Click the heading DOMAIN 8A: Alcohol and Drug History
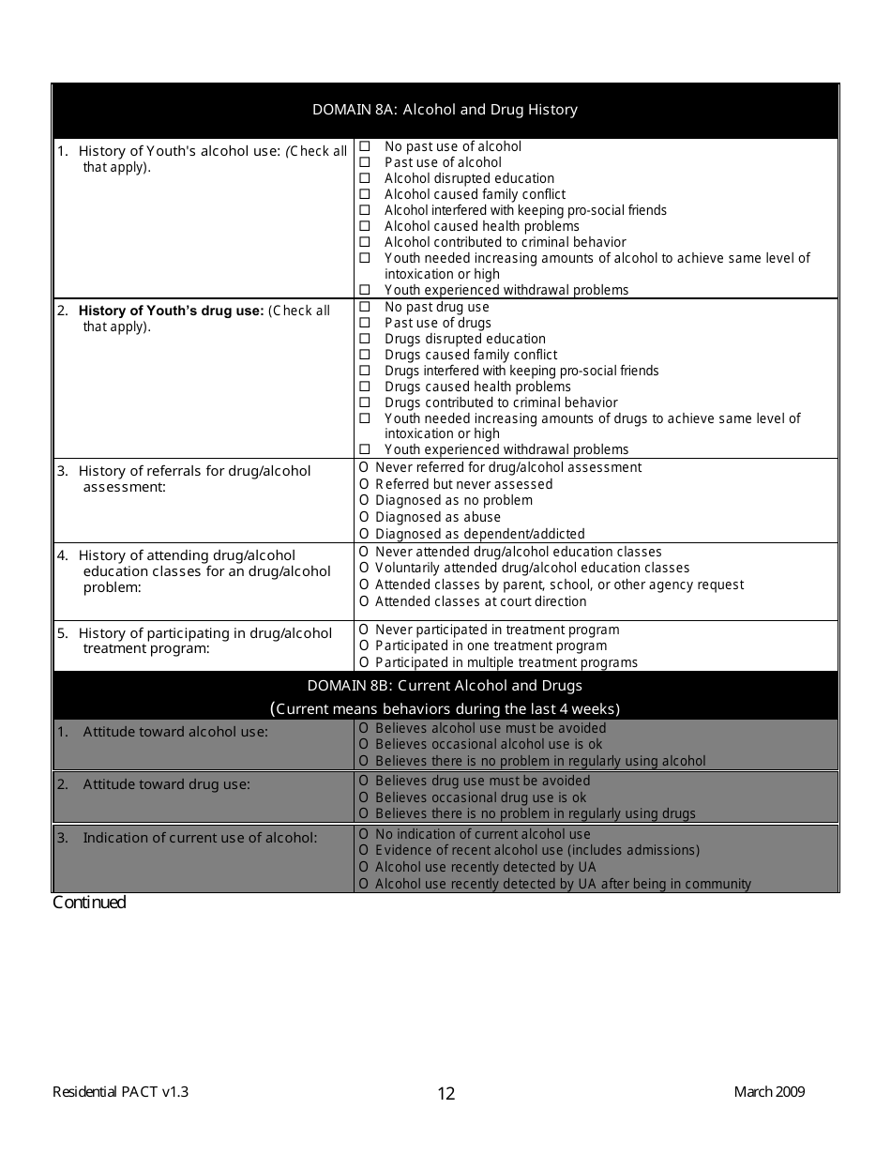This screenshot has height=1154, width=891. [x=445, y=110]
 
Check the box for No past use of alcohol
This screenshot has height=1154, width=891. [x=365, y=146]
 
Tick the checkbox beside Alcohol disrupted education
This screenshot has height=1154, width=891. [x=365, y=178]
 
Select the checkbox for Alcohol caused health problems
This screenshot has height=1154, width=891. [x=365, y=226]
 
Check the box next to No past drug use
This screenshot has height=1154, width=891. [x=365, y=307]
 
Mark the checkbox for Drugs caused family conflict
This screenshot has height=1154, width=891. [x=365, y=355]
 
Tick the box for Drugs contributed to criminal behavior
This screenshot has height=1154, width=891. [x=365, y=402]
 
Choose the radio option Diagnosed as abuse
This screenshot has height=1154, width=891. [x=365, y=517]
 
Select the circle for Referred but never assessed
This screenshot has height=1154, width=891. [x=365, y=484]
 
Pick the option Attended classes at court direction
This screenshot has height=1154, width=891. [x=365, y=601]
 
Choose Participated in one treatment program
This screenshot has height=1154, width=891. [x=365, y=645]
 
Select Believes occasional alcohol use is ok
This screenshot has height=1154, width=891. [x=365, y=744]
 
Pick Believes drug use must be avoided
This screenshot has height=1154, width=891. [x=365, y=781]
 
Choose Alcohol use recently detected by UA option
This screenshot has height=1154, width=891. [x=365, y=867]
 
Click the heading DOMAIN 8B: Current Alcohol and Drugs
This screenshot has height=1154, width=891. [x=445, y=686]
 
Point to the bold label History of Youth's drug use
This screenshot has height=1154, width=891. [x=171, y=311]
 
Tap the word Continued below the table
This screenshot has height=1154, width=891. [x=89, y=903]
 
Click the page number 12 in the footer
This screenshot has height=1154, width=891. [x=446, y=1093]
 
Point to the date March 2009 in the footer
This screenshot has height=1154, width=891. [x=769, y=1091]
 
